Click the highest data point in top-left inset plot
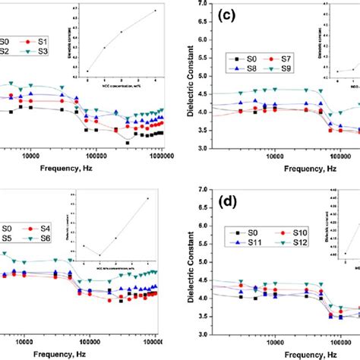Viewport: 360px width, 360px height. pyautogui.click(x=155, y=11)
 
